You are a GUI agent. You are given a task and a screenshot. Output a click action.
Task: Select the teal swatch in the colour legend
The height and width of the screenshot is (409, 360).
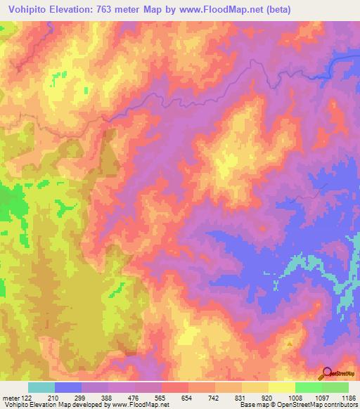coord(41,387)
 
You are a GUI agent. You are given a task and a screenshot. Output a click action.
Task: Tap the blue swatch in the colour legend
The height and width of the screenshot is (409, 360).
coord(68,387)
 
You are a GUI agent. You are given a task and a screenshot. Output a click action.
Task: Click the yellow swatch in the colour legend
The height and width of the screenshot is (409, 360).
coord(281,387)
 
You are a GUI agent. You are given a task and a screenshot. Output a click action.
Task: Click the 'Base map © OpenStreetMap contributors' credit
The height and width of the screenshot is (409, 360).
coord(298,405)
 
